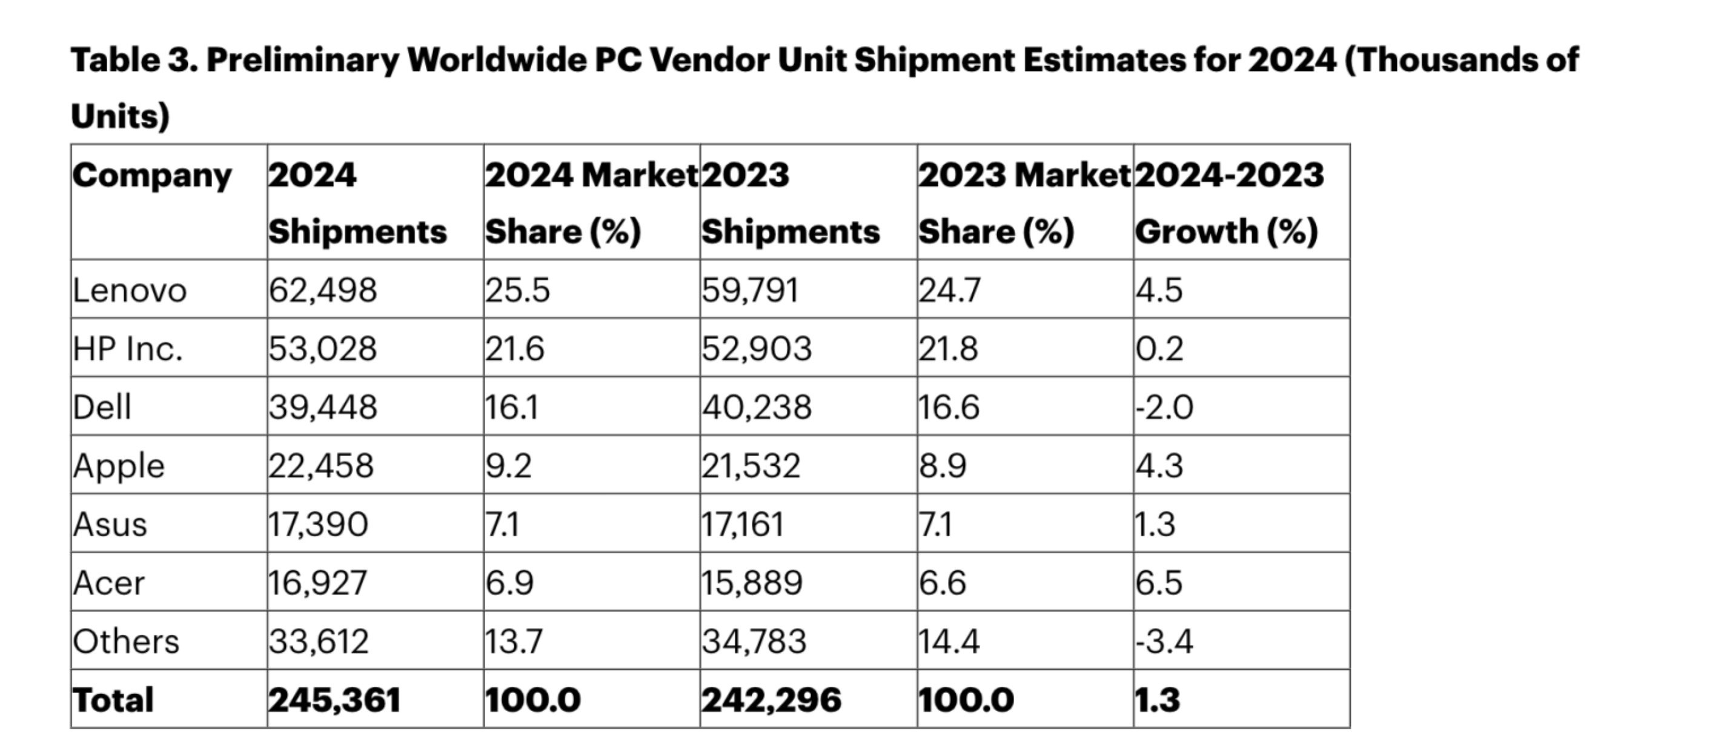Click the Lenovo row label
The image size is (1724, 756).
[129, 291]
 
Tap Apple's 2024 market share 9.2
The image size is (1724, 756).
[509, 466]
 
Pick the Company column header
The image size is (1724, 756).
[152, 176]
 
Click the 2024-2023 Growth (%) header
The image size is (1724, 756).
[1228, 203]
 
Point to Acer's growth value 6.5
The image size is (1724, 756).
[1158, 583]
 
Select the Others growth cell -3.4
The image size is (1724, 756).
[1164, 641]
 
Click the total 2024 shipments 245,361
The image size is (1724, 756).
[334, 700]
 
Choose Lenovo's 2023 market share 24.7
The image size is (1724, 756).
[949, 291]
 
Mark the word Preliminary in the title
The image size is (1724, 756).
[302, 60]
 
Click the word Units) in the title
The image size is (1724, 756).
[121, 116]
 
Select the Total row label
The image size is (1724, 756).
[113, 700]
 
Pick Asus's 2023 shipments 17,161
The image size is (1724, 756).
[742, 524]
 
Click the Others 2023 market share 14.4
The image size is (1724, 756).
[949, 641]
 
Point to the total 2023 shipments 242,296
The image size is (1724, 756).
[771, 700]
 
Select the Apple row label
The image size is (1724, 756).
[119, 466]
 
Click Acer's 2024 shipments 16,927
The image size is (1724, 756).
[317, 583]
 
